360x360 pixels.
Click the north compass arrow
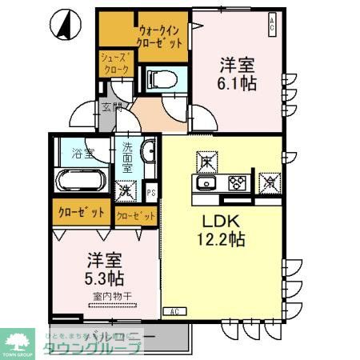[61, 25]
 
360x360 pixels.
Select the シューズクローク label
[111, 63]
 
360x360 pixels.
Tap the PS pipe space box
[152, 192]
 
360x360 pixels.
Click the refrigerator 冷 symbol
[270, 181]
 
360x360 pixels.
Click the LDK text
[214, 218]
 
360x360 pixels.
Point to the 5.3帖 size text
[105, 278]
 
